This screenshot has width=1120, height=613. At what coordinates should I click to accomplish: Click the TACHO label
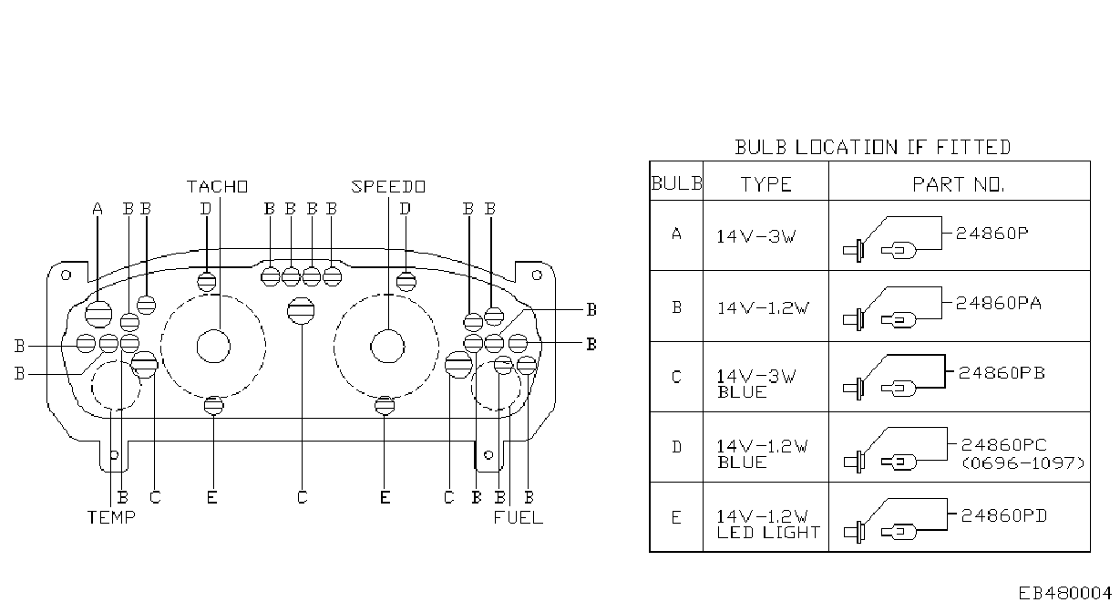click(x=218, y=187)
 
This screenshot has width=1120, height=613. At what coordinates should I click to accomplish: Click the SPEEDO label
click(x=388, y=187)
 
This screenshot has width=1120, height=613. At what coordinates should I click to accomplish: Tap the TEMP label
click(x=111, y=517)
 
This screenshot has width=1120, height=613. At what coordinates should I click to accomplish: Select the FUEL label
click(x=518, y=517)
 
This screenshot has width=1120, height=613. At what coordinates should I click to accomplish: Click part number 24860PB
click(x=1002, y=373)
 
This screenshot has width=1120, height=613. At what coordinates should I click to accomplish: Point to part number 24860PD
click(x=1004, y=515)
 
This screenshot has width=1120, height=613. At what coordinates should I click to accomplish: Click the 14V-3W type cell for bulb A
click(x=756, y=236)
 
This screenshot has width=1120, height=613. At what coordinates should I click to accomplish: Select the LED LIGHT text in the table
click(x=768, y=533)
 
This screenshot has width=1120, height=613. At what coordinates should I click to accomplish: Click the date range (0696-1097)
click(x=1023, y=462)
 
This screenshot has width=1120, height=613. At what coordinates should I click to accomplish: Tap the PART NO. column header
click(x=959, y=185)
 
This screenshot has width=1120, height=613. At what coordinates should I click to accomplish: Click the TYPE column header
click(x=766, y=184)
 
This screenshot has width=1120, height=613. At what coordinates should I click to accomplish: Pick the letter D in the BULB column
click(x=676, y=447)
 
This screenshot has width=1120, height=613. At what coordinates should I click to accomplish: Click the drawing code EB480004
click(x=1065, y=594)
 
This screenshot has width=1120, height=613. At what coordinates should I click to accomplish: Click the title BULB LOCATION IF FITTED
click(x=872, y=148)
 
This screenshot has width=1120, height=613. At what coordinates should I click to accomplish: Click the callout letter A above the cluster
click(x=98, y=209)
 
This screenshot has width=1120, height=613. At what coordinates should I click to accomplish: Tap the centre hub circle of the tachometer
click(x=213, y=347)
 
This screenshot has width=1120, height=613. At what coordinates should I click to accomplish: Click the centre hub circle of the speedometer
click(x=387, y=347)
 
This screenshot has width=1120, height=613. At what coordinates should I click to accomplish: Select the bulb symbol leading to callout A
click(x=98, y=315)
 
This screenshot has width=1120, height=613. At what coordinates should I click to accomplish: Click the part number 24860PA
click(x=999, y=303)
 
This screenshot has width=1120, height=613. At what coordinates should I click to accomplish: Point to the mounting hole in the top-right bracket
click(x=537, y=275)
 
